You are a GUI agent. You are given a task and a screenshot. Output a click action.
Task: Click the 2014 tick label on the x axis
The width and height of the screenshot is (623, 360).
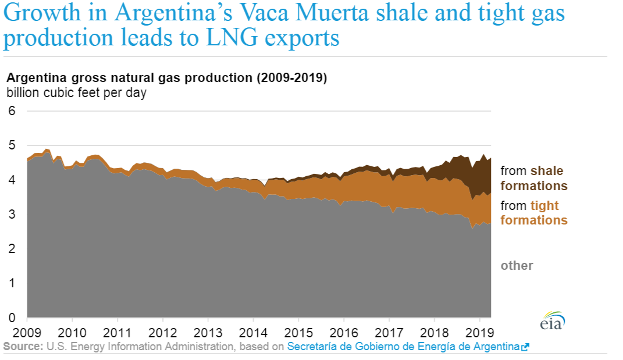(253, 333)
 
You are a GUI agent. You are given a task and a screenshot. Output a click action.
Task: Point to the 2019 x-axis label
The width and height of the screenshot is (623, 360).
(479, 333)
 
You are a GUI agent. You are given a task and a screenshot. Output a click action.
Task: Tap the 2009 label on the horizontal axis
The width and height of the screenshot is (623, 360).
(27, 333)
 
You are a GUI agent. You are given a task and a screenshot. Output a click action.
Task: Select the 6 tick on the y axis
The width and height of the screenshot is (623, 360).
(12, 111)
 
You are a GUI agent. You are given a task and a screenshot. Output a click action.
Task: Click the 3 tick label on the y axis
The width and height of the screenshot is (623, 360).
(12, 215)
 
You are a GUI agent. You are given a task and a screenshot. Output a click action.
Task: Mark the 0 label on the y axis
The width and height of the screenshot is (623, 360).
(12, 318)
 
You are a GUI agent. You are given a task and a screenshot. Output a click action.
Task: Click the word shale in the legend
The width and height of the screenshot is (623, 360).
(547, 171)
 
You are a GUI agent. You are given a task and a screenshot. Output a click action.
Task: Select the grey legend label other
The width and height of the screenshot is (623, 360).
(517, 266)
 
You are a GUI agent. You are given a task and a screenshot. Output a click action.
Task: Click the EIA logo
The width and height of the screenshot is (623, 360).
(552, 322)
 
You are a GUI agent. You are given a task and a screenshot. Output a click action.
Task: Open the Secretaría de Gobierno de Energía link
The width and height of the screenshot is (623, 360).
(403, 347)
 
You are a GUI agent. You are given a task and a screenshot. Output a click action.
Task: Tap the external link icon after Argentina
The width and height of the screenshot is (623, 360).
(525, 347)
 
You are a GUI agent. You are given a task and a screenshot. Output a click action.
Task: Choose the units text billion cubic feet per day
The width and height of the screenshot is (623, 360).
(76, 92)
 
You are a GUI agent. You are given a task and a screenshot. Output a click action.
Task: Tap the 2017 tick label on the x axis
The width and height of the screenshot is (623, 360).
(389, 333)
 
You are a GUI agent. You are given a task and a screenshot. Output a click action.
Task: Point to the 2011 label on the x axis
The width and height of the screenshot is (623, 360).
(118, 333)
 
